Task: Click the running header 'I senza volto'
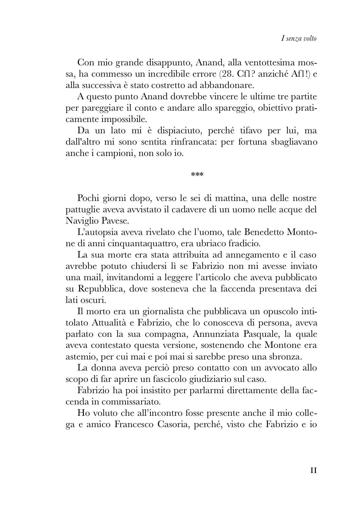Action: [x=299, y=38]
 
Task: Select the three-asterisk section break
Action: [x=197, y=175]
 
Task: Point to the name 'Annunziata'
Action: [x=215, y=334]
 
